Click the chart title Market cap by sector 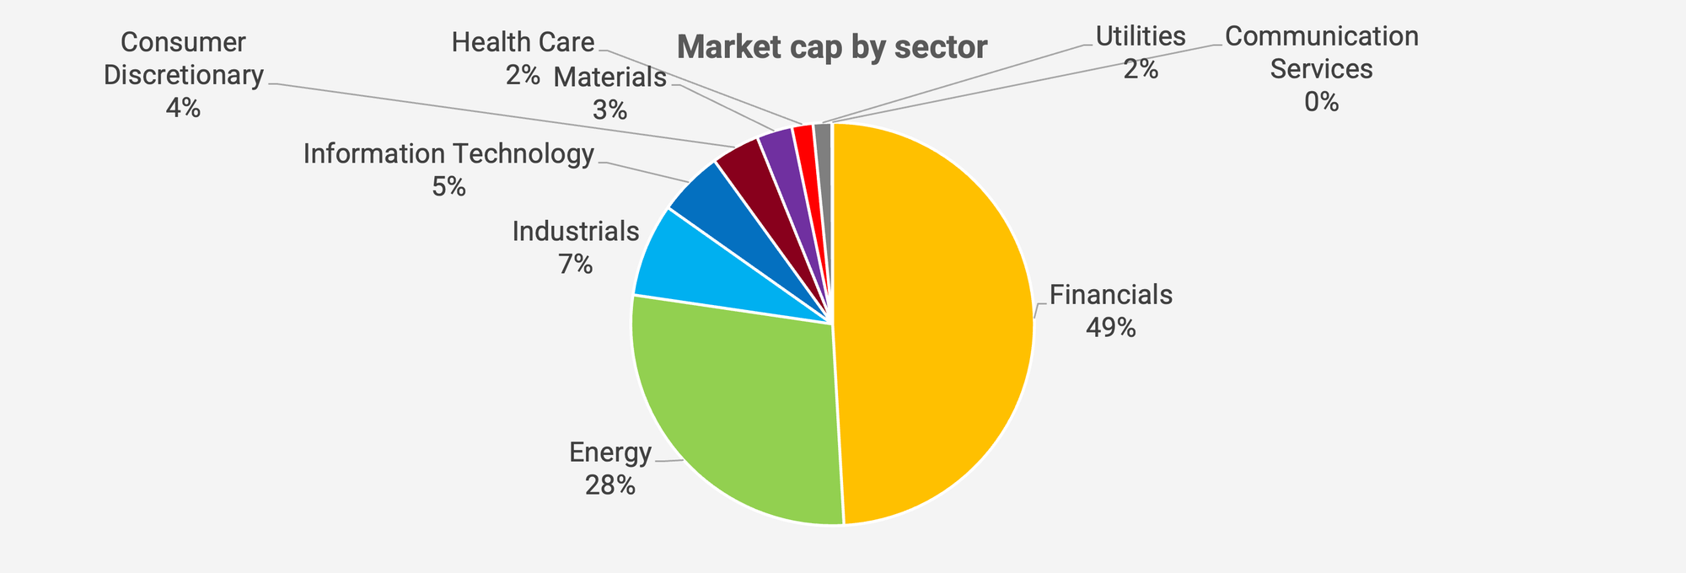point(831,47)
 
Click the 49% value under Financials point(1110,328)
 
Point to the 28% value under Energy point(609,485)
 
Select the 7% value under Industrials point(575,265)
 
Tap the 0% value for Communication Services point(1321,102)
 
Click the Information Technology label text point(448,154)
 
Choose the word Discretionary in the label point(184,75)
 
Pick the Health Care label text point(523,42)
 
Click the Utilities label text point(1141,36)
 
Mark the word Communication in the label point(1321,37)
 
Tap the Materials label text point(609,78)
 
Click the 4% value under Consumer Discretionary point(183,108)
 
